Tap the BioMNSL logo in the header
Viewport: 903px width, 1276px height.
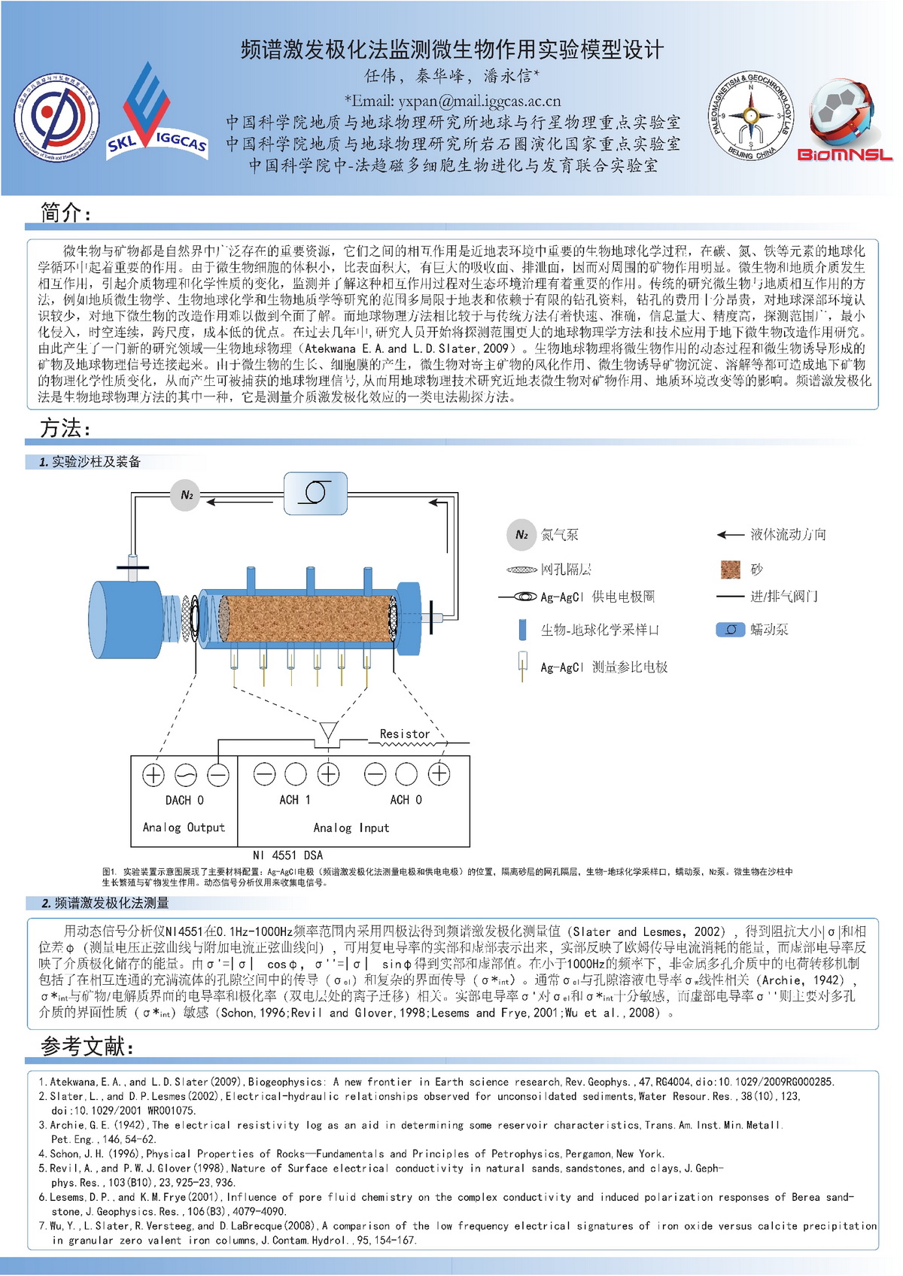click(x=844, y=120)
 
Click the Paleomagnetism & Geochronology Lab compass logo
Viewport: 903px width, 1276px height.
click(x=750, y=117)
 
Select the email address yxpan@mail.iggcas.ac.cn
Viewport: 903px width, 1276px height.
click(x=452, y=101)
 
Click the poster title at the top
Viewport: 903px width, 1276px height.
click(x=452, y=50)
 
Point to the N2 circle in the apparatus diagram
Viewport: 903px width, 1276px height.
click(x=186, y=495)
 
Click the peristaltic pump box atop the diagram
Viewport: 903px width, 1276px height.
click(x=315, y=493)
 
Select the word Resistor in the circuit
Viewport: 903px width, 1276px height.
click(x=405, y=734)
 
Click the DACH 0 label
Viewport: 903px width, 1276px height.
click(x=184, y=800)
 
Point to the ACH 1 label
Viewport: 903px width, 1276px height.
click(x=295, y=800)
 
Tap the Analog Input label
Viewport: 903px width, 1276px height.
click(x=351, y=828)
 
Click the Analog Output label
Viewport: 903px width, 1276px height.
click(x=184, y=828)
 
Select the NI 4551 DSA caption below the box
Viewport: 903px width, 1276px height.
click(x=287, y=855)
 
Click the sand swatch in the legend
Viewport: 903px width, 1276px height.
click(x=730, y=570)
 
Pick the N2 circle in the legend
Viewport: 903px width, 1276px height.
click(x=521, y=535)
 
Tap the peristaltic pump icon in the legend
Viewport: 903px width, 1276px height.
click(x=730, y=630)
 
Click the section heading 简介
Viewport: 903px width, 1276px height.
click(x=65, y=214)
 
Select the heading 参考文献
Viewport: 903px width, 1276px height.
click(x=87, y=1046)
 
